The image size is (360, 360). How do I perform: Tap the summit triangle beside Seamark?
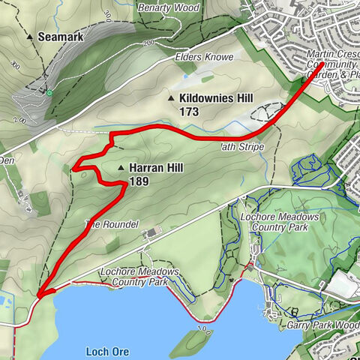(x=30, y=36)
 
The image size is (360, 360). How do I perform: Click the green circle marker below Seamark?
(x=49, y=92)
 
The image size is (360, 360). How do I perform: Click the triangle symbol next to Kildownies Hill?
(x=171, y=98)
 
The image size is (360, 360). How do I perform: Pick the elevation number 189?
(x=139, y=181)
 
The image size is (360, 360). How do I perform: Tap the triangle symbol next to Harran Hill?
(x=120, y=168)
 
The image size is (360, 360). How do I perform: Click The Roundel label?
(x=112, y=224)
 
